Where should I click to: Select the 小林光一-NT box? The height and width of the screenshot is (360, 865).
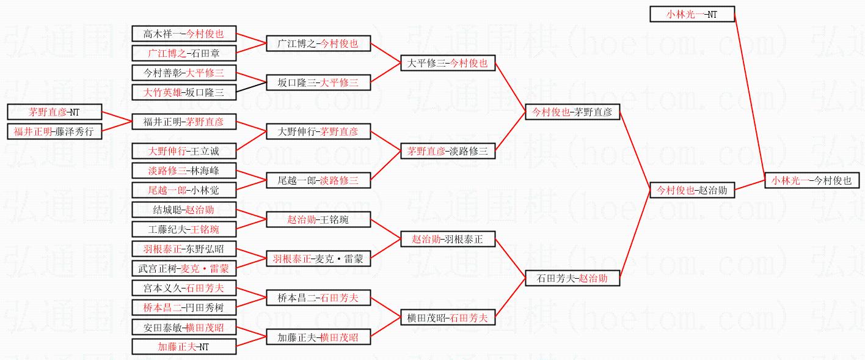692,14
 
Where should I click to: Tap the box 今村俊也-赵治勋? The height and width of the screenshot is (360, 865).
692,190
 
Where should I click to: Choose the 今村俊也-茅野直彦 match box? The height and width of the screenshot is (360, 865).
572,112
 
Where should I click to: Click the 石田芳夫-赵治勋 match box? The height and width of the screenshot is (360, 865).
572,278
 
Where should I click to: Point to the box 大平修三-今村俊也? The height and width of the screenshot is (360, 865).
447,62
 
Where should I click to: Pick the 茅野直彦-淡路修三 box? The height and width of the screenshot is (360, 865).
447,151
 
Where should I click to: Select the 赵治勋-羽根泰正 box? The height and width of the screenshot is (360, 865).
447,240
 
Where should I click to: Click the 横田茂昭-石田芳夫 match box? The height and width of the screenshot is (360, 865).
447,318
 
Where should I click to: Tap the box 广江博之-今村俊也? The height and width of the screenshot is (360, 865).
318,43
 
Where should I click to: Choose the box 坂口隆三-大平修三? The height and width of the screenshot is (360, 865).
318,83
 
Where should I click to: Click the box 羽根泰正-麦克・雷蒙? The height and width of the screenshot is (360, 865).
318,259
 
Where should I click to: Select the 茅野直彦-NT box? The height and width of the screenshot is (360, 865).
54,112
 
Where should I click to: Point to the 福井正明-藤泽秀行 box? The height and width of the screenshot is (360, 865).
54,131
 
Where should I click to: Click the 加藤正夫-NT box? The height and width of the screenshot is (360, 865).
184,347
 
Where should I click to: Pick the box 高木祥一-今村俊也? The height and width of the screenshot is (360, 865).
184,34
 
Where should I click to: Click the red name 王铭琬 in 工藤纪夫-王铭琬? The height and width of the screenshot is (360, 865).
205,230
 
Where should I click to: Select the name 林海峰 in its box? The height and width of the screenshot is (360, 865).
205,171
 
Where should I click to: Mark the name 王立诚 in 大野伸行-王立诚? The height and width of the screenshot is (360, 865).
205,151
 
